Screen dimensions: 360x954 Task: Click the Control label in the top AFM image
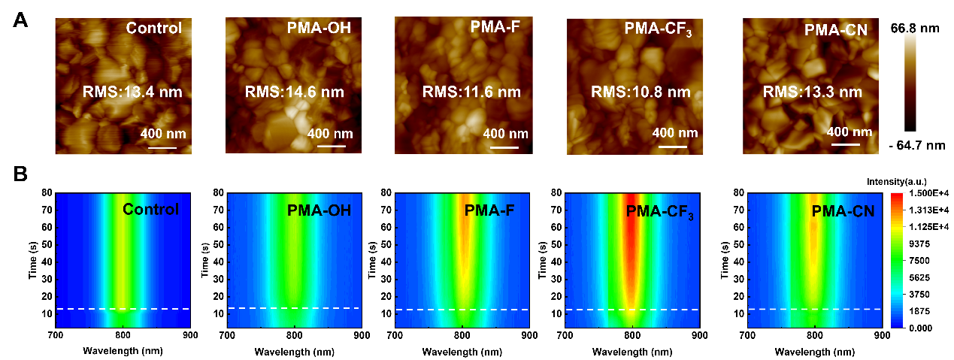(154, 29)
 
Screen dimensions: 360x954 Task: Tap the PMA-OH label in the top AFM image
(319, 29)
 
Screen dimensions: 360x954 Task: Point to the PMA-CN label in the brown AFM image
(835, 30)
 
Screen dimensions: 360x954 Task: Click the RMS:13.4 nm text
(132, 92)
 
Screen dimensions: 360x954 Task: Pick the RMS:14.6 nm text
(295, 92)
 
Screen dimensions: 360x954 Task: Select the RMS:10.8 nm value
(641, 92)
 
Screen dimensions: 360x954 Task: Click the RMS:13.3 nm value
(812, 92)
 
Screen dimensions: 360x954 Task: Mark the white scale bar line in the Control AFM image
(162, 147)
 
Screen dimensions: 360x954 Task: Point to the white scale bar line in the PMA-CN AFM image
(844, 144)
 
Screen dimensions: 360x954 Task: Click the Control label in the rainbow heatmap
(150, 209)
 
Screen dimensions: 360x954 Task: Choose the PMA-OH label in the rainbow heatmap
(319, 210)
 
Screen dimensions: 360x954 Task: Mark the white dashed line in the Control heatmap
(123, 309)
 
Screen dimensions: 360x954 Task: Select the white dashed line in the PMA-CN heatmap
(814, 309)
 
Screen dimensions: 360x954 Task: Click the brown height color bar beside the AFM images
(910, 79)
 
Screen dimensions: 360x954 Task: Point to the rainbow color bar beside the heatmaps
(896, 259)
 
